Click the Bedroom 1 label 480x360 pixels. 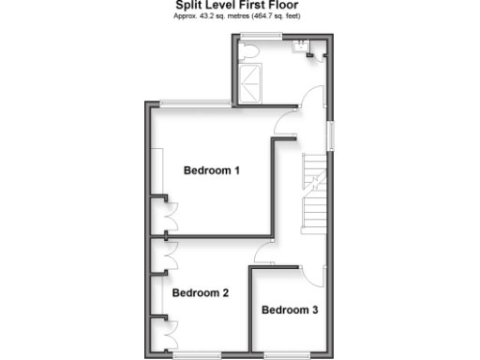click(211, 171)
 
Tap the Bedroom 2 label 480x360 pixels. click(201, 293)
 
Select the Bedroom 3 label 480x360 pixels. click(290, 309)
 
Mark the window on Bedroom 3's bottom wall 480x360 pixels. click(280, 354)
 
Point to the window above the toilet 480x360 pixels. click(261, 36)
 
